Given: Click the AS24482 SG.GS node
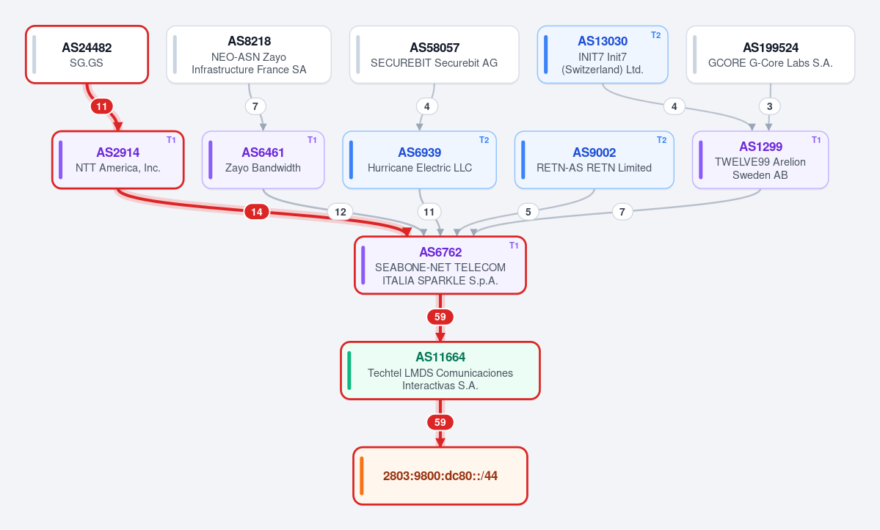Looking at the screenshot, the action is pyautogui.click(x=87, y=54).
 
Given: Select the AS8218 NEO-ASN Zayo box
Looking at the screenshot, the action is pyautogui.click(x=249, y=54).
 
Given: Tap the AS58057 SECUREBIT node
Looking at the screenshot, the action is pyautogui.click(x=434, y=54).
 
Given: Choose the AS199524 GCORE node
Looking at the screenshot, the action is pyautogui.click(x=771, y=54).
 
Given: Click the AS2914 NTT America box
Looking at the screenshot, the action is pyautogui.click(x=118, y=160).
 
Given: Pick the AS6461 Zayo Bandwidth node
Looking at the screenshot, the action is pyautogui.click(x=263, y=160).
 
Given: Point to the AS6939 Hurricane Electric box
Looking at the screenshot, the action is pyautogui.click(x=419, y=160).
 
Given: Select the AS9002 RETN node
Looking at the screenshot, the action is pyautogui.click(x=594, y=160).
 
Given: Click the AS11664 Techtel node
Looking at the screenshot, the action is pyautogui.click(x=440, y=370).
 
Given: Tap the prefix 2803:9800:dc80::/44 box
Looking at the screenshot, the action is pyautogui.click(x=440, y=476).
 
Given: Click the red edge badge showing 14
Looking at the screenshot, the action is pyautogui.click(x=256, y=212).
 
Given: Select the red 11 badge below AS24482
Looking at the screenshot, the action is pyautogui.click(x=101, y=106).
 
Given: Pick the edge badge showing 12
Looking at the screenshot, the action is pyautogui.click(x=340, y=212).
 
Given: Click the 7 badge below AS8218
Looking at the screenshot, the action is pyautogui.click(x=255, y=106).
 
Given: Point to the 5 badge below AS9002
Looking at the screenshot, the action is pyautogui.click(x=528, y=212).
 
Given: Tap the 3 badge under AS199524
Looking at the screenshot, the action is pyautogui.click(x=769, y=106).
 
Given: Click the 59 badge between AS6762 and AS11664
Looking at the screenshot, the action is pyautogui.click(x=440, y=317).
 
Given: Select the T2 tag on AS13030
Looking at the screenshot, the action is pyautogui.click(x=655, y=34).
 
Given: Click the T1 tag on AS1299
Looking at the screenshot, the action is pyautogui.click(x=816, y=140).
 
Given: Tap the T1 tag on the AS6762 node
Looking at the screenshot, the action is pyautogui.click(x=514, y=246).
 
